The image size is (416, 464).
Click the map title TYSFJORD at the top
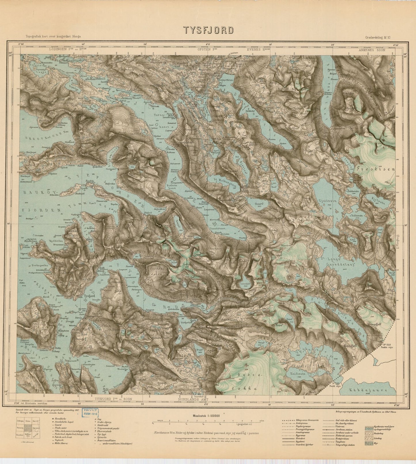tap(208, 30)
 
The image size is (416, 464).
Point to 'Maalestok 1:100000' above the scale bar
tap(205, 416)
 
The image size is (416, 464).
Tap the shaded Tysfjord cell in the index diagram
tap(29, 429)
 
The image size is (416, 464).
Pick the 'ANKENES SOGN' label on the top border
tap(372, 50)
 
